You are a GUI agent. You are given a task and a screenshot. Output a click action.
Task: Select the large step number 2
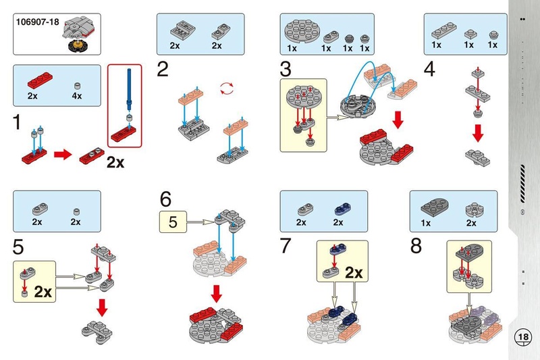coord(163,69)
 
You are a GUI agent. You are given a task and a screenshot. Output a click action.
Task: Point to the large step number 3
coord(286,69)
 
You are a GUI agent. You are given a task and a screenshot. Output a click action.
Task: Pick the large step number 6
coord(166,200)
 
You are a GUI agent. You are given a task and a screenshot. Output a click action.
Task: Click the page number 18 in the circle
coord(522,336)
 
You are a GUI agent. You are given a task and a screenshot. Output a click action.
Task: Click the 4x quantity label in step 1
coord(76,97)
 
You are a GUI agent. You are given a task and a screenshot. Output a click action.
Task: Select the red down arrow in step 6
coord(217,294)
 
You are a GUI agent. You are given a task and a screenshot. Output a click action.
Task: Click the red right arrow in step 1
coord(62,155)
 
